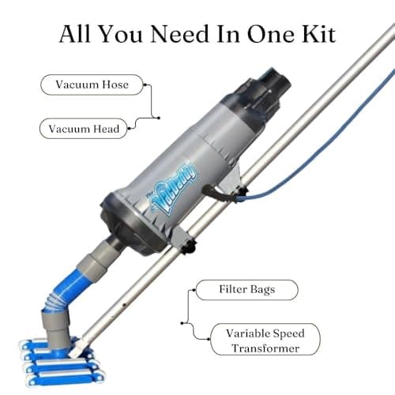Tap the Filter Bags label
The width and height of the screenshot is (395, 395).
246,290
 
